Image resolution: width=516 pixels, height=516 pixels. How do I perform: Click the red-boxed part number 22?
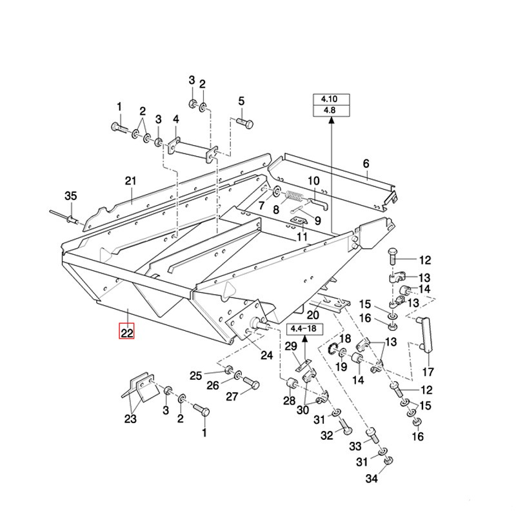126,333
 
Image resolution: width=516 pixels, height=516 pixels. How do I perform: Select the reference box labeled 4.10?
330,100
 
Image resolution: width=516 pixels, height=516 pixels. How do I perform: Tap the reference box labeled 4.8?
330,112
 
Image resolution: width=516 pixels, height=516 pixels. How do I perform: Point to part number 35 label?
70,196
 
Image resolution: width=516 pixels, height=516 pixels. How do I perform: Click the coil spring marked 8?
294,197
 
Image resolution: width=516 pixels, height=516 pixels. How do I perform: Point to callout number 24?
266,354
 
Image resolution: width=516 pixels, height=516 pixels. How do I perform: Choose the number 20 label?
313,315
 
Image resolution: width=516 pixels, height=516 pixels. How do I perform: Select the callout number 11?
303,237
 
